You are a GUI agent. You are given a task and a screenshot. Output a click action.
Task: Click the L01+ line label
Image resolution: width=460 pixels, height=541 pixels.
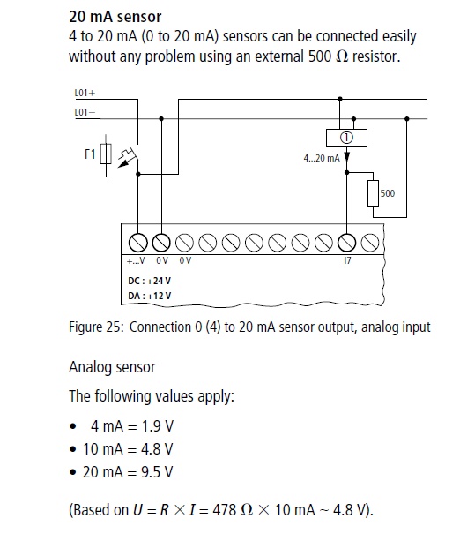pos(85,93)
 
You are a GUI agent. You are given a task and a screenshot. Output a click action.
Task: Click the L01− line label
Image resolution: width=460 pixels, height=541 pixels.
pos(85,112)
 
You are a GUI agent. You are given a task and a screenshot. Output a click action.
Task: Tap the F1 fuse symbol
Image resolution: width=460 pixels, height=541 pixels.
pos(106,154)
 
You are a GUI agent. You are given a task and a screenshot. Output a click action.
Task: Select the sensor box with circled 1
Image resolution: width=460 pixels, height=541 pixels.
pos(346,138)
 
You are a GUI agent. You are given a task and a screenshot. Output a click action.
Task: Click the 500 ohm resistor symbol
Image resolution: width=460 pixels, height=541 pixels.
pos(373,193)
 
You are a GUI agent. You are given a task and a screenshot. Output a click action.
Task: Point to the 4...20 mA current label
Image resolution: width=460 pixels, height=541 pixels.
pos(322,158)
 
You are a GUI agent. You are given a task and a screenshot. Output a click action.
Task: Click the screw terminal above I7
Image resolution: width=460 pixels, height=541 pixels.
pos(346,243)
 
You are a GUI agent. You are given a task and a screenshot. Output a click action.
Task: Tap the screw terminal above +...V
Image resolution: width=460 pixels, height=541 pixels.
pos(137,243)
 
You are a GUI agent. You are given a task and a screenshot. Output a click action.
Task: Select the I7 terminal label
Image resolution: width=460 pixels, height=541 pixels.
pos(347,260)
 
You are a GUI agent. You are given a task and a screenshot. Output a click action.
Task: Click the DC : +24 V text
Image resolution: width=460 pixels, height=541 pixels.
pos(149,281)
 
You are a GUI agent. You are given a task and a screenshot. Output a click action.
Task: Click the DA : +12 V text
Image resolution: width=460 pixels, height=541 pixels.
pos(149,296)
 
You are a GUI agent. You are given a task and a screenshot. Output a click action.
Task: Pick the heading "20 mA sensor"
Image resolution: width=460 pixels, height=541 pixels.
pos(115,17)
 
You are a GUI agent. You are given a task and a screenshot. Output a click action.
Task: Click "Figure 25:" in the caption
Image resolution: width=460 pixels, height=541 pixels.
pos(96,327)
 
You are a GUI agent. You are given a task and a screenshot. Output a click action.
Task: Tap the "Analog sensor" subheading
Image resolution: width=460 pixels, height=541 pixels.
pos(112,367)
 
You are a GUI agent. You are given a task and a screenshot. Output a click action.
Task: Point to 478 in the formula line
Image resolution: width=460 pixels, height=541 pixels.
pos(224,509)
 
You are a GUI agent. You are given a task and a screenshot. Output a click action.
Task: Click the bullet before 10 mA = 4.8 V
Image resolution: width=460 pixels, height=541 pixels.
pos(73,449)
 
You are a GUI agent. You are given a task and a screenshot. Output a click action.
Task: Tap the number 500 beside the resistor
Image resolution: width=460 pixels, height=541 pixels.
pos(388,193)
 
